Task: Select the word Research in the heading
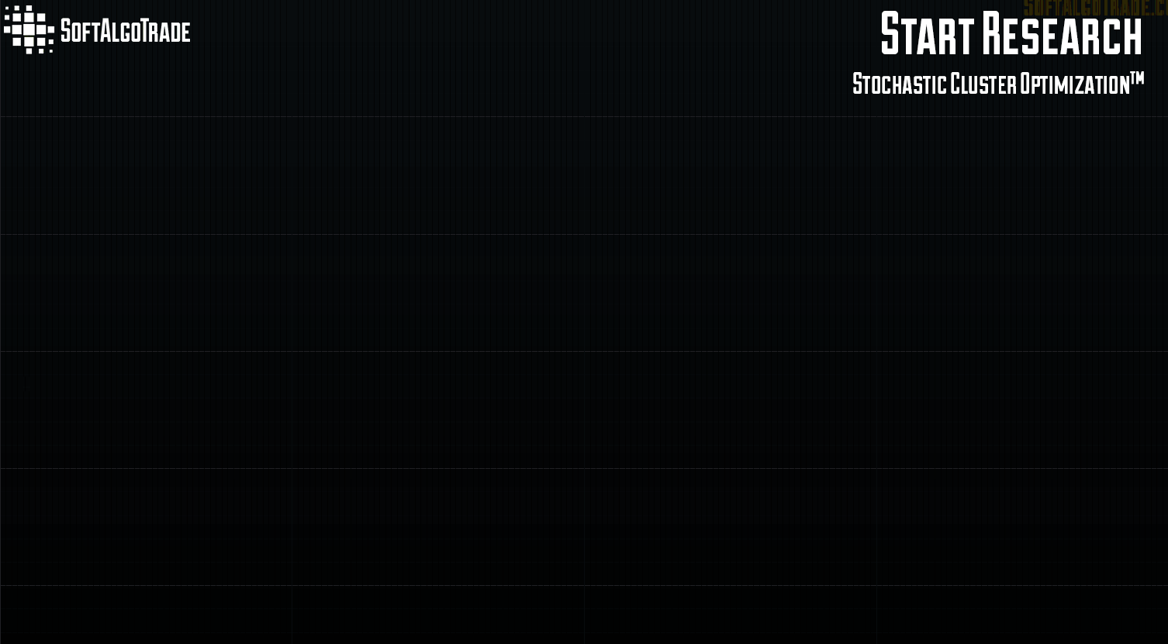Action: click(x=1062, y=34)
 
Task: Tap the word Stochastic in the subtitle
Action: click(x=899, y=84)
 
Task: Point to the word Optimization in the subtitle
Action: click(x=1073, y=84)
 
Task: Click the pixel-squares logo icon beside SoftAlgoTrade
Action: click(x=29, y=29)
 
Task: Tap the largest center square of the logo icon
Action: click(x=29, y=29)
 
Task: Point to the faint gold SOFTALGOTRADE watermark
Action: click(x=1094, y=8)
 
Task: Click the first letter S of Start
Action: click(x=890, y=34)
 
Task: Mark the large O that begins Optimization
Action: click(x=1025, y=84)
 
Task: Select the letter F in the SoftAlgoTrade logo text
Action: click(x=87, y=33)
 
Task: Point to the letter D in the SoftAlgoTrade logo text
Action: click(x=176, y=33)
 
